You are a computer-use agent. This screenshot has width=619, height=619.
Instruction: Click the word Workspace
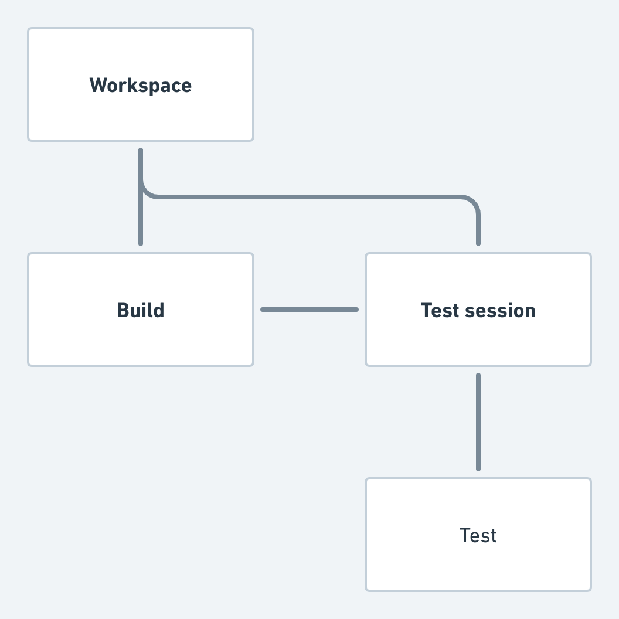pyautogui.click(x=141, y=86)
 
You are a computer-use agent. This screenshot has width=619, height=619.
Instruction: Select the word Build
pyautogui.click(x=141, y=310)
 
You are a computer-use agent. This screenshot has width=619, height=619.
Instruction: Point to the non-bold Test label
pyautogui.click(x=478, y=536)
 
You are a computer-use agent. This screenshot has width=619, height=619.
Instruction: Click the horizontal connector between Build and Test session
pyautogui.click(x=309, y=309)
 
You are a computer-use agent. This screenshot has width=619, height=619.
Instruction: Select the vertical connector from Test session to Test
pyautogui.click(x=478, y=422)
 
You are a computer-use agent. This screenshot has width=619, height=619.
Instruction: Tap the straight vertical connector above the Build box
pyautogui.click(x=141, y=223)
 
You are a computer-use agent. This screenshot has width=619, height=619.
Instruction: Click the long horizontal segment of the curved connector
pyautogui.click(x=311, y=197)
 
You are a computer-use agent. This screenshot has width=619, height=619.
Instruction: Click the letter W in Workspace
pyautogui.click(x=98, y=86)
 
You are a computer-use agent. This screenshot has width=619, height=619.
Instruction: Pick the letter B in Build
pyautogui.click(x=123, y=310)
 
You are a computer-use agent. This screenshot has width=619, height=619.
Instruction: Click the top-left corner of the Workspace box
pyautogui.click(x=29, y=29)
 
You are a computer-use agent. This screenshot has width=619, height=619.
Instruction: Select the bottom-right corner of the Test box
pyautogui.click(x=590, y=590)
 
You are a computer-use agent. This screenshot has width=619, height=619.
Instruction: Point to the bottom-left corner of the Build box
pyautogui.click(x=29, y=365)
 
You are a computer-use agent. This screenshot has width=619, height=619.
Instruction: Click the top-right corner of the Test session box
pyautogui.click(x=590, y=254)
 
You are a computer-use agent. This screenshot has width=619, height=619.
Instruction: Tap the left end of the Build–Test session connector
pyautogui.click(x=263, y=309)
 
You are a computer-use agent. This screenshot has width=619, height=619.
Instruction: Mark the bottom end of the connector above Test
pyautogui.click(x=478, y=469)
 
